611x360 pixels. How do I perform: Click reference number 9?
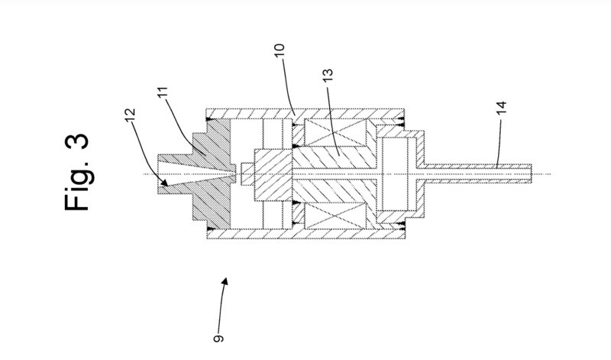[218, 338]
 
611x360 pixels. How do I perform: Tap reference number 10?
[280, 50]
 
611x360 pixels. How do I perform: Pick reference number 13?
[328, 75]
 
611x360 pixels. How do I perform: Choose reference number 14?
[502, 108]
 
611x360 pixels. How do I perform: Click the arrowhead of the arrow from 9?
[225, 281]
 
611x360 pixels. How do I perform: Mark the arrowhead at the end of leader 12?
[164, 182]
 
